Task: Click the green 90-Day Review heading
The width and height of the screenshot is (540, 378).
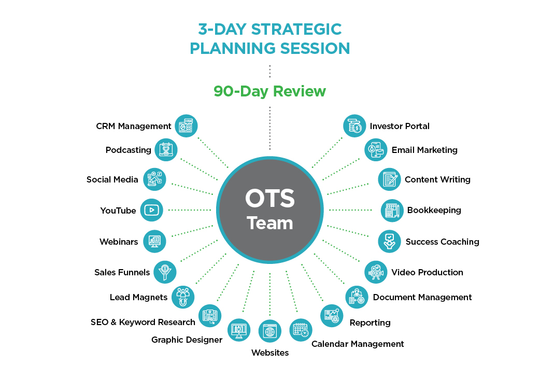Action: tap(269, 91)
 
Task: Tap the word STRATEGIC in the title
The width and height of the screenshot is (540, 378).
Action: tap(296, 29)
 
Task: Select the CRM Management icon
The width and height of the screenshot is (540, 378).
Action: tap(186, 126)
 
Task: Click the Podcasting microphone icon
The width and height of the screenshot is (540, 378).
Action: tap(166, 150)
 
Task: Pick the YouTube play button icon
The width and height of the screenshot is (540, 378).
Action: tap(151, 210)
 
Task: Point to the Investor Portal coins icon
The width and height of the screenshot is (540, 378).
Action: tap(354, 126)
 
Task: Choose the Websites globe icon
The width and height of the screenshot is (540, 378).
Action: tap(269, 331)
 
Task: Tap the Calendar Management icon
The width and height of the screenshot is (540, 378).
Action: tap(301, 330)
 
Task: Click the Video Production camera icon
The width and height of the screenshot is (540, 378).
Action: tap(376, 272)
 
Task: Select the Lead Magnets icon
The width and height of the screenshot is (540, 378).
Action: tap(183, 297)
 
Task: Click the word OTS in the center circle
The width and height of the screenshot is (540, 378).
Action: tap(269, 198)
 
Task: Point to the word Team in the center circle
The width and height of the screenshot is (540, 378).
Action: tap(269, 223)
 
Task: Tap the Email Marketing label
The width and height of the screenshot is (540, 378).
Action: tap(424, 150)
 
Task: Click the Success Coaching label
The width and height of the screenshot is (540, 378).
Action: tap(442, 242)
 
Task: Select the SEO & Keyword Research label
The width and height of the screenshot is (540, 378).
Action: tap(143, 322)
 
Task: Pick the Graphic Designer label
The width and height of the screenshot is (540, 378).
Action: tap(187, 340)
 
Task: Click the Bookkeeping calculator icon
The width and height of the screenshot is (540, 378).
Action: tap(392, 210)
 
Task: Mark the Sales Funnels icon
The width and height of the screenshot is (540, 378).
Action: tap(165, 272)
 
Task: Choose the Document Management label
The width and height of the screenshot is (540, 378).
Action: tap(422, 297)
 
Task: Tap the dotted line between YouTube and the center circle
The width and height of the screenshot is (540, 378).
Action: tap(190, 210)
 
